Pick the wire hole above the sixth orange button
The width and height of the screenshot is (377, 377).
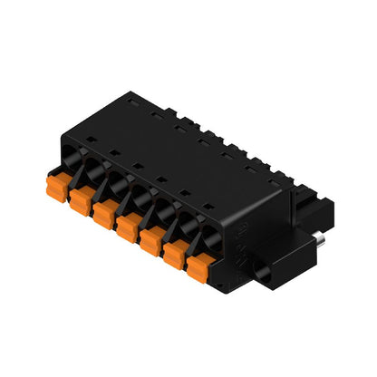187,227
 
